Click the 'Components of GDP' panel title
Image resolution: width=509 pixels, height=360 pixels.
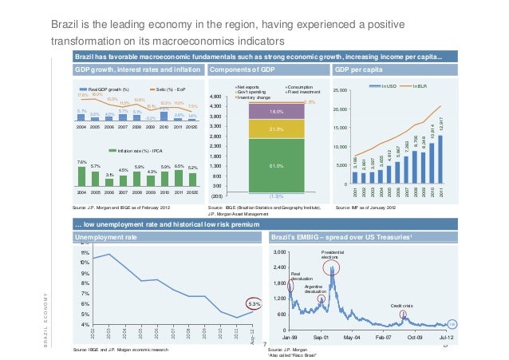point(238,70)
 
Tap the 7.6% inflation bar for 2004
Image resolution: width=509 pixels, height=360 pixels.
point(81,177)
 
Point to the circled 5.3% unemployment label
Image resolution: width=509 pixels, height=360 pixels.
point(254,303)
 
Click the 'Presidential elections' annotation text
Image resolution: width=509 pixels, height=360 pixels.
point(331,255)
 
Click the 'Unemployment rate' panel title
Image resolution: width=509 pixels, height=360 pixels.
point(101,238)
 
